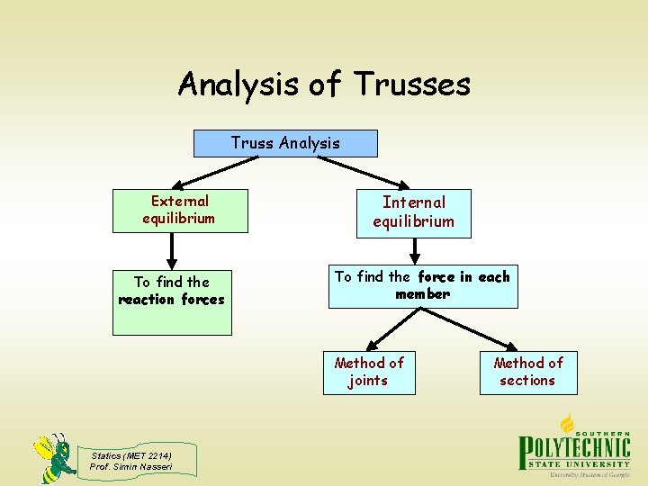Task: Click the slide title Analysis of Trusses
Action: pos(324,85)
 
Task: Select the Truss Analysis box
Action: pos(285,143)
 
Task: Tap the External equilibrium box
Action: pos(179,211)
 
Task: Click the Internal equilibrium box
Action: pos(413,212)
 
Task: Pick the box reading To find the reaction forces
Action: pos(171,301)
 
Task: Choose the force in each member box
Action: pos(422,286)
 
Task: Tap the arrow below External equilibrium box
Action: pos(170,251)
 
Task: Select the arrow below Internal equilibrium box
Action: pos(416,253)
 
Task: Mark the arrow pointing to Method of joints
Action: pos(388,330)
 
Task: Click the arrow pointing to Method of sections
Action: pos(486,330)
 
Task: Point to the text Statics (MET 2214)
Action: pos(130,455)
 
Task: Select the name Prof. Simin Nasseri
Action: pos(130,466)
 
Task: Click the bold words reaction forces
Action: pos(171,300)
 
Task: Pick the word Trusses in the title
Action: pos(412,85)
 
